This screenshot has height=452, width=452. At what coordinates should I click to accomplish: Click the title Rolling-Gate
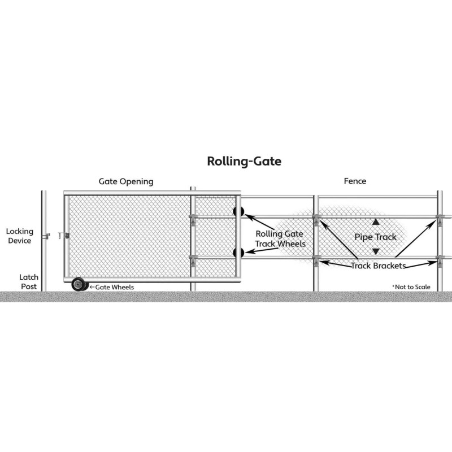tap(244, 162)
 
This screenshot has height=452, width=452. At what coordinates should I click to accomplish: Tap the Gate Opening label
tap(126, 181)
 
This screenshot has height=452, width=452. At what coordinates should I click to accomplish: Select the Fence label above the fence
tap(355, 181)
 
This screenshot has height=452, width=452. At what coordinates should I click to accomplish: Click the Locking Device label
tap(20, 236)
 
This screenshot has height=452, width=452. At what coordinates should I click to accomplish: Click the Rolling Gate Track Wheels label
tap(280, 238)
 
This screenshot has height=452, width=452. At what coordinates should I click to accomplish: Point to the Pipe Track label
tap(375, 237)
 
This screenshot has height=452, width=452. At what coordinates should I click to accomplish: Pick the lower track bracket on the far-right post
tap(440, 260)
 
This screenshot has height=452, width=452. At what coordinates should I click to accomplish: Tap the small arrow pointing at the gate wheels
tap(92, 287)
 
